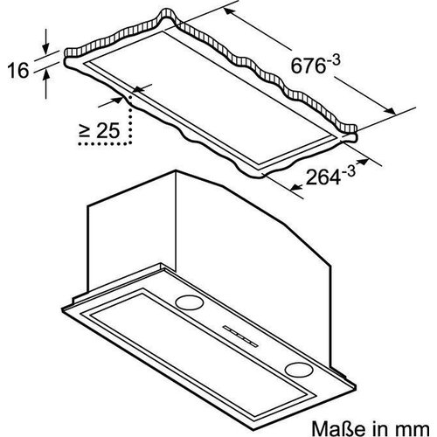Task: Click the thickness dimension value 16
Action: tap(20, 70)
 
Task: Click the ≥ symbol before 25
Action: tap(84, 133)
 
